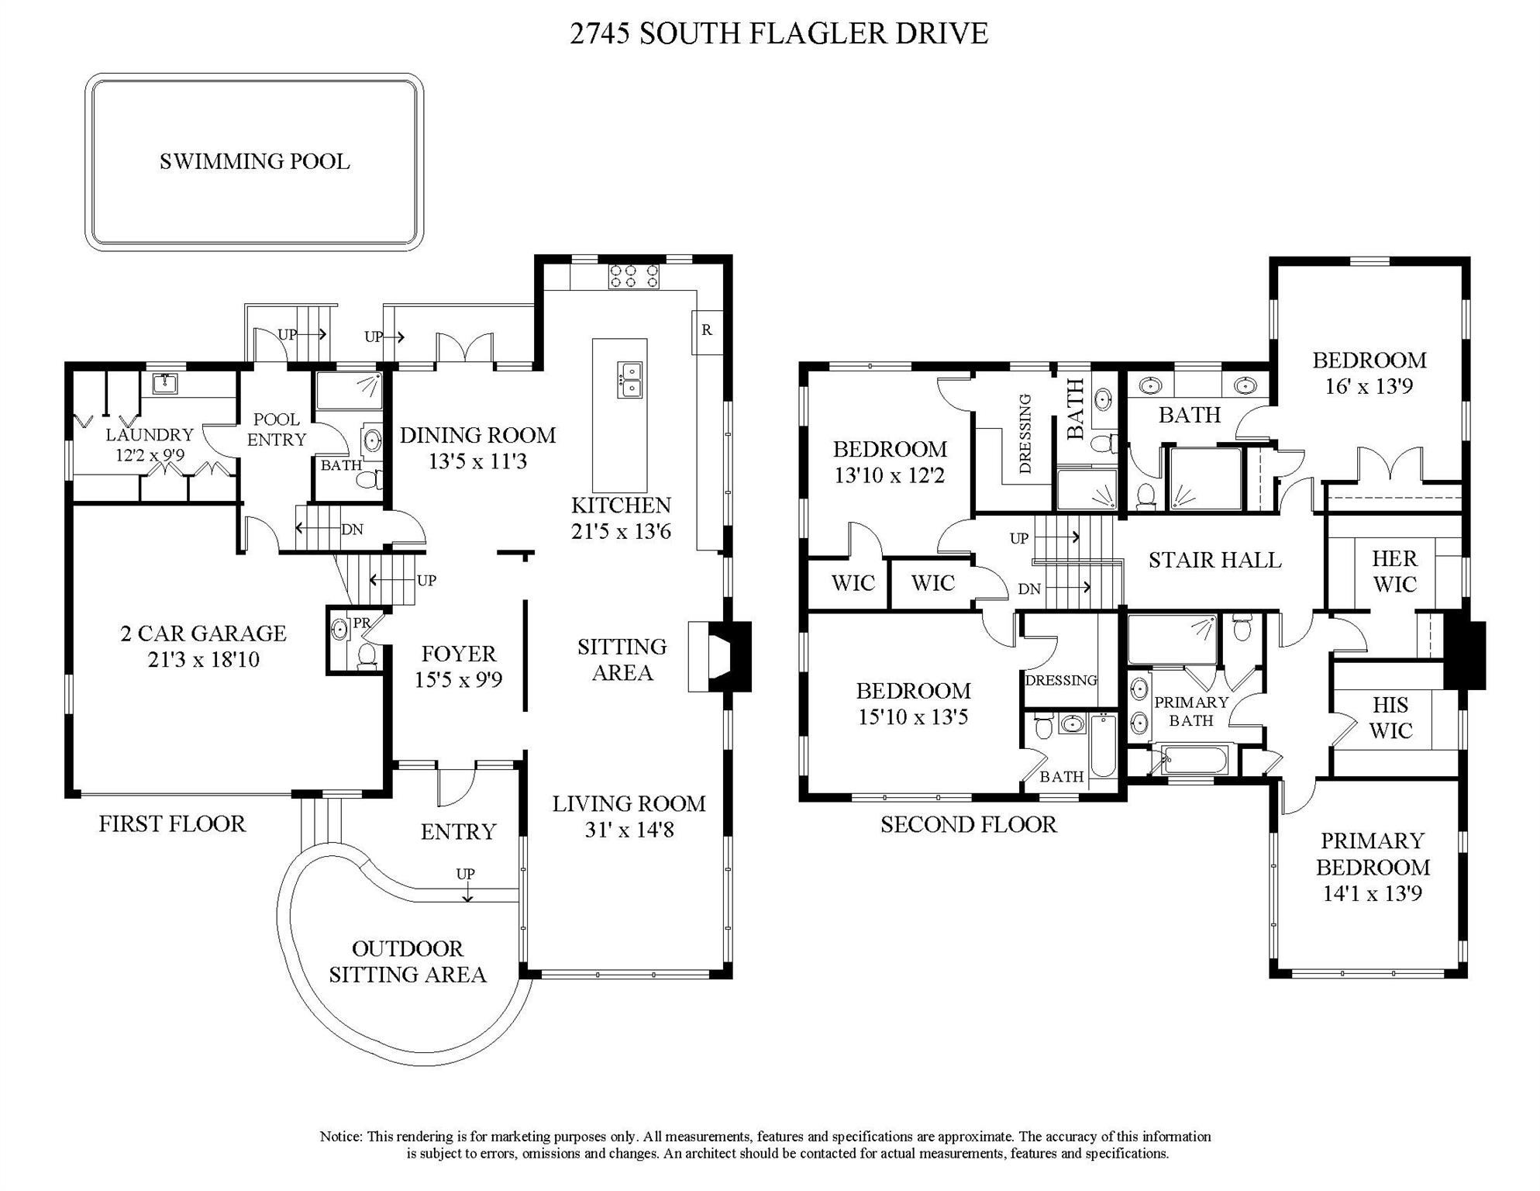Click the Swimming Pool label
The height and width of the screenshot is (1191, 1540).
(254, 161)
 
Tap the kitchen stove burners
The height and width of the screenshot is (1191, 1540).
(633, 277)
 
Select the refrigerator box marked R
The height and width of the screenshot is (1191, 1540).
(706, 331)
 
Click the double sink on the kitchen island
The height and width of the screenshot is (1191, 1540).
(629, 379)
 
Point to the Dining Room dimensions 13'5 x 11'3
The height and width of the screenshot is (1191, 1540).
(477, 462)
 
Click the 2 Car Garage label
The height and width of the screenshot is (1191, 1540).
(203, 633)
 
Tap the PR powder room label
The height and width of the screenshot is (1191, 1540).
(361, 623)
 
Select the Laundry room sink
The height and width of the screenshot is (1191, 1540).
(164, 383)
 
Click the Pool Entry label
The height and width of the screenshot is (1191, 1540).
(277, 430)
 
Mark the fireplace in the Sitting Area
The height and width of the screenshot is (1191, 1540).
(721, 656)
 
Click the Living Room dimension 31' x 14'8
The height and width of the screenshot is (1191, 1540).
(629, 830)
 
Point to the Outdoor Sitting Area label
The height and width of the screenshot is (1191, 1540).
(407, 961)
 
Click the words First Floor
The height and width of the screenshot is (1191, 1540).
(172, 823)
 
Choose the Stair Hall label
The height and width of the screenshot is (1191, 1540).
(1214, 560)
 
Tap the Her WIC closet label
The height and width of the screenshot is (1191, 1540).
(1394, 571)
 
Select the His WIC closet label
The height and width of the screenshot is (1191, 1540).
(1390, 717)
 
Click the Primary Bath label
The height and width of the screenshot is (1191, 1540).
(1191, 711)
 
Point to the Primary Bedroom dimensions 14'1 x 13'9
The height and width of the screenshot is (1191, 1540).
(1372, 894)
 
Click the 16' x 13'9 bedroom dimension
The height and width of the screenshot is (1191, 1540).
(1369, 386)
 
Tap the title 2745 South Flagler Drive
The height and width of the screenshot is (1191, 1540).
(779, 33)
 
